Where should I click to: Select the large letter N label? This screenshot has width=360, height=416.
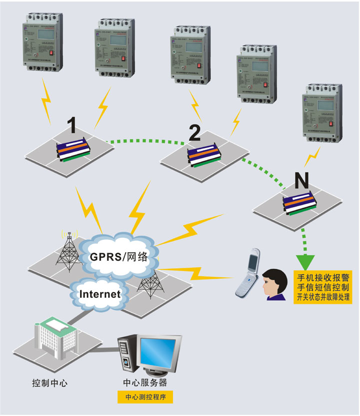[x=300, y=179]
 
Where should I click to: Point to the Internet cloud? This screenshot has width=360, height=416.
[x=100, y=293]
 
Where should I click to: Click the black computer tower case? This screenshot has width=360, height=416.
[x=128, y=355]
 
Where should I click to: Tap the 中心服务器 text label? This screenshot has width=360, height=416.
[x=145, y=383]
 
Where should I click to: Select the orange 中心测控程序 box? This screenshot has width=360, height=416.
[x=145, y=398]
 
